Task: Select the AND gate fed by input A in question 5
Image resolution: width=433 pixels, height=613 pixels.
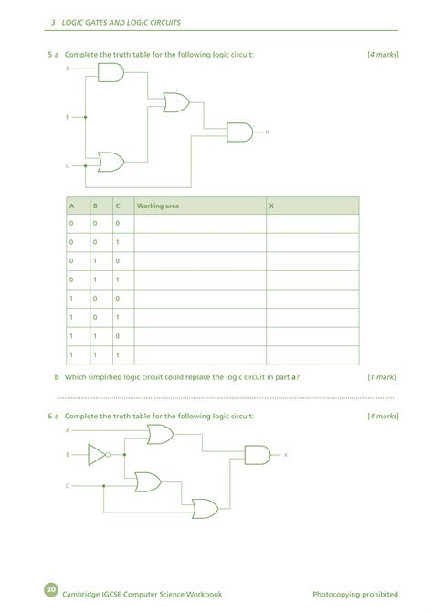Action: pyautogui.click(x=111, y=73)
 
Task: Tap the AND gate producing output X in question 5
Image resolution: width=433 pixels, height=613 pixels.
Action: pyautogui.click(x=239, y=132)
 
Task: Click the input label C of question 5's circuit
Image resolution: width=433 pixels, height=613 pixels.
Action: pyautogui.click(x=67, y=166)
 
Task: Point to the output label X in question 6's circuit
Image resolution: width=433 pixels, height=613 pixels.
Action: pyautogui.click(x=286, y=454)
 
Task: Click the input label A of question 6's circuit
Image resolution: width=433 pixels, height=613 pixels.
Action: pyautogui.click(x=67, y=428)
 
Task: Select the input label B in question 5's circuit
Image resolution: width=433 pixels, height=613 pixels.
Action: pyautogui.click(x=67, y=117)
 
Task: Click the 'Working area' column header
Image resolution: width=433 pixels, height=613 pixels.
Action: pyautogui.click(x=157, y=206)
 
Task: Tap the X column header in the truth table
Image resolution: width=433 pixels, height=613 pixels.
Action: pyautogui.click(x=271, y=206)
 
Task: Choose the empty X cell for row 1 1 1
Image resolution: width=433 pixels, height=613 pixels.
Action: pyautogui.click(x=312, y=354)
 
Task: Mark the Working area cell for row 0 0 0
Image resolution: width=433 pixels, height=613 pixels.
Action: pyautogui.click(x=199, y=223)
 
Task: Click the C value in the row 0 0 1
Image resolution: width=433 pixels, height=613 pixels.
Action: pyautogui.click(x=117, y=242)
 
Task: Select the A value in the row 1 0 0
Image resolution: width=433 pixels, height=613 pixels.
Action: pyautogui.click(x=70, y=298)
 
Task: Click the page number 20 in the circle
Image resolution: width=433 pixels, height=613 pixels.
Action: pyautogui.click(x=50, y=587)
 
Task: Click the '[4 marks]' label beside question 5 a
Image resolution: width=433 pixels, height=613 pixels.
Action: pyautogui.click(x=383, y=55)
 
